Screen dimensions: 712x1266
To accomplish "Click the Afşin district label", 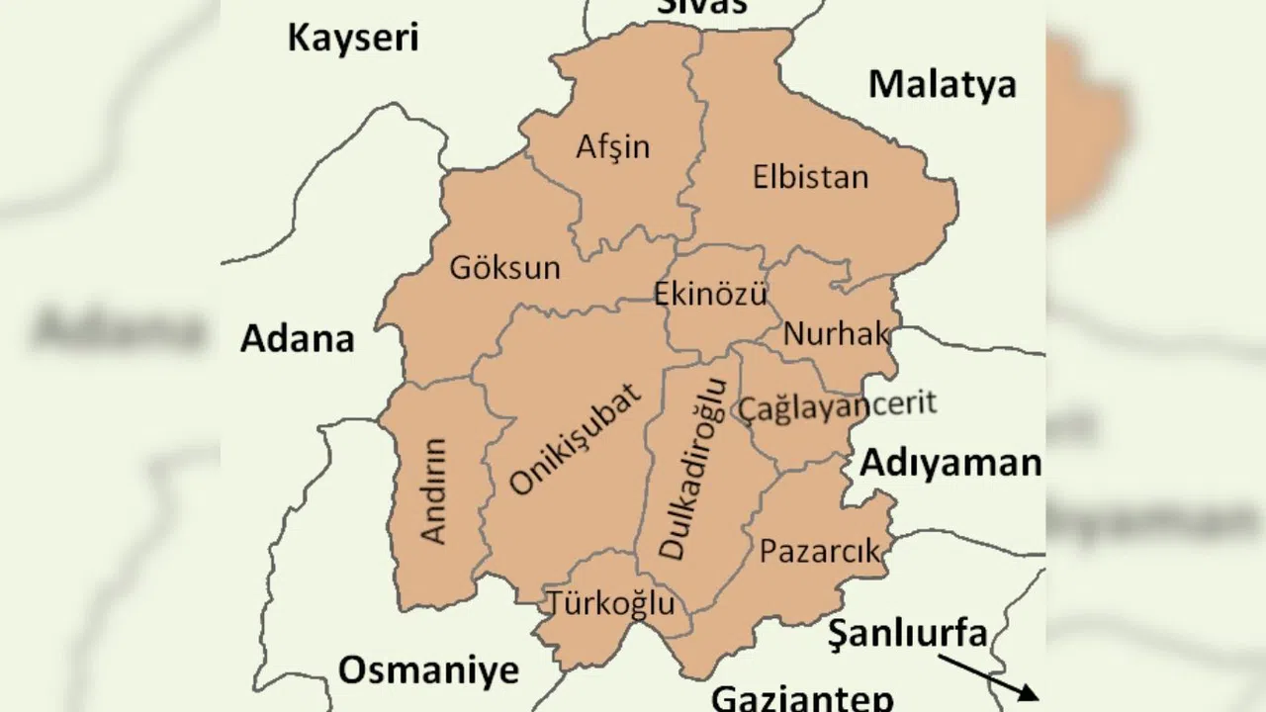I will (x=613, y=147).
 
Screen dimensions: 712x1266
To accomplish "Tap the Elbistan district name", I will (x=810, y=178).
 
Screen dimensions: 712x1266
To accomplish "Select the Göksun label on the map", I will (x=504, y=267).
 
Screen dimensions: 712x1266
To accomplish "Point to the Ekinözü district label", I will (x=710, y=295).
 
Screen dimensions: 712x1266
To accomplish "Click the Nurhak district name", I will (x=836, y=334).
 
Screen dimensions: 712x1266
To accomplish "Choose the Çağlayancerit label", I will (x=837, y=405).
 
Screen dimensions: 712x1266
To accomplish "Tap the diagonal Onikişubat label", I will (x=576, y=439).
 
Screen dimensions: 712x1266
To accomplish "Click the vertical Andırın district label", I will (x=434, y=490).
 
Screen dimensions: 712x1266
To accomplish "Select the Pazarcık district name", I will (x=819, y=551).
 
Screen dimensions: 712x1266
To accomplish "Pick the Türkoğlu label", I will (x=611, y=602).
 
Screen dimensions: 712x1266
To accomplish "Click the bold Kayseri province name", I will (x=353, y=39).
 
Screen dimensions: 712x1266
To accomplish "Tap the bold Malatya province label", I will (x=942, y=85).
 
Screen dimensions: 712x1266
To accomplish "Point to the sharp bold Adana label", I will (x=297, y=339).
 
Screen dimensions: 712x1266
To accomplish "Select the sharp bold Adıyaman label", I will (x=950, y=463).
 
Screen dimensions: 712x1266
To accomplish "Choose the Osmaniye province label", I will (x=428, y=670).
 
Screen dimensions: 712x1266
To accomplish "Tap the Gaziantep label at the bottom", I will (x=802, y=697).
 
